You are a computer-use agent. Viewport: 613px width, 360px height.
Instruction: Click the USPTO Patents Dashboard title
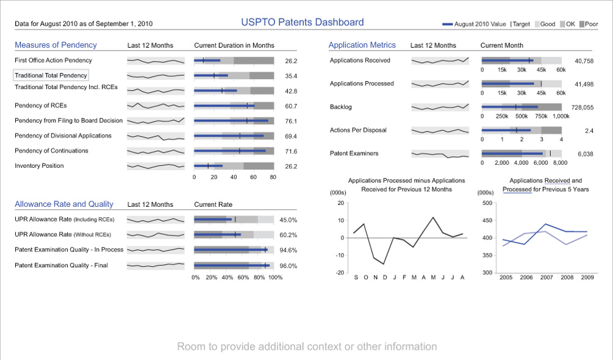click(x=302, y=23)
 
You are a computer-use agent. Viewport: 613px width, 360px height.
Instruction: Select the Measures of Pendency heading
click(x=56, y=45)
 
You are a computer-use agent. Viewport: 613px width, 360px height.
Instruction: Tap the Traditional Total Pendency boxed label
click(x=51, y=76)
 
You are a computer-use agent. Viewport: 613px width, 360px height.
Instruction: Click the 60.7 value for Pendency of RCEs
click(x=291, y=106)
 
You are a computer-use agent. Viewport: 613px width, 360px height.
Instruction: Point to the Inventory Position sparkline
click(x=156, y=166)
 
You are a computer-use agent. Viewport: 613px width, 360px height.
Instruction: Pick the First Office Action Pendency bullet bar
click(x=234, y=60)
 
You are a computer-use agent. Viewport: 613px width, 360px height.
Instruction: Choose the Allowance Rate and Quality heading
click(x=64, y=204)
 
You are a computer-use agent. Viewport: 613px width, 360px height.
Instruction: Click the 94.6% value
click(x=289, y=250)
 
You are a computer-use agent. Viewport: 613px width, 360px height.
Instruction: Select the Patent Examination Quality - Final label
click(x=61, y=265)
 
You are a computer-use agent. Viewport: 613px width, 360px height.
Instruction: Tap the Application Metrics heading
click(x=362, y=45)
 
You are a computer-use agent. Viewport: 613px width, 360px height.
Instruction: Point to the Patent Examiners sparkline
click(x=440, y=154)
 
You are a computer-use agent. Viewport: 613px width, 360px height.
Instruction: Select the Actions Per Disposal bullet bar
click(x=522, y=130)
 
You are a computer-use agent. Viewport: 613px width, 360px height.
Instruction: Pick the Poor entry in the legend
click(x=588, y=24)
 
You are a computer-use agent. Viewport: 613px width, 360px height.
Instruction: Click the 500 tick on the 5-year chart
click(x=487, y=203)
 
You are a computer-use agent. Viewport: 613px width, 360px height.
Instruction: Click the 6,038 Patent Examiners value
click(x=586, y=154)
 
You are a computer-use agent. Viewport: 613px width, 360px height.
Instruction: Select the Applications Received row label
click(x=360, y=60)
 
